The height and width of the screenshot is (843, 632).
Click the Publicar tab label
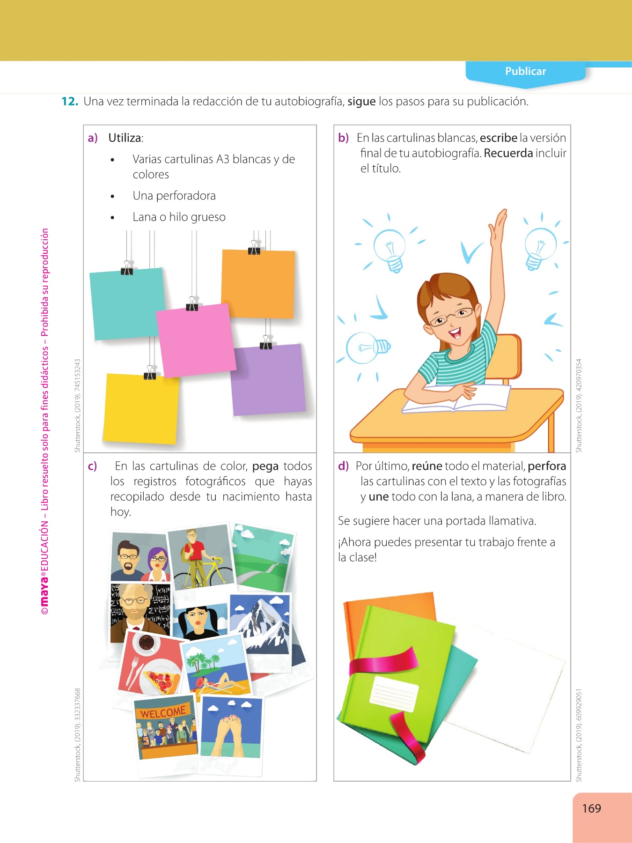click(525, 71)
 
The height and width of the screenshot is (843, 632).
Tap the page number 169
click(591, 808)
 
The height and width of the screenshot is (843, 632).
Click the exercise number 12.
click(69, 101)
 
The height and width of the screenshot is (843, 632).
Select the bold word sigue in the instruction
click(361, 102)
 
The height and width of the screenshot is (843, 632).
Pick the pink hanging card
click(196, 340)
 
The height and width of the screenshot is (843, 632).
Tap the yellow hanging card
click(141, 409)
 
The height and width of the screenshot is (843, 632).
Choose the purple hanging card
click(268, 380)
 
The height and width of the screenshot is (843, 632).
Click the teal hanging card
click(127, 303)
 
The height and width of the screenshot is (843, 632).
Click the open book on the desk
click(456, 398)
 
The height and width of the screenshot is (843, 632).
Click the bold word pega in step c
click(265, 467)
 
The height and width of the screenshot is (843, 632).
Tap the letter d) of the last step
click(344, 466)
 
